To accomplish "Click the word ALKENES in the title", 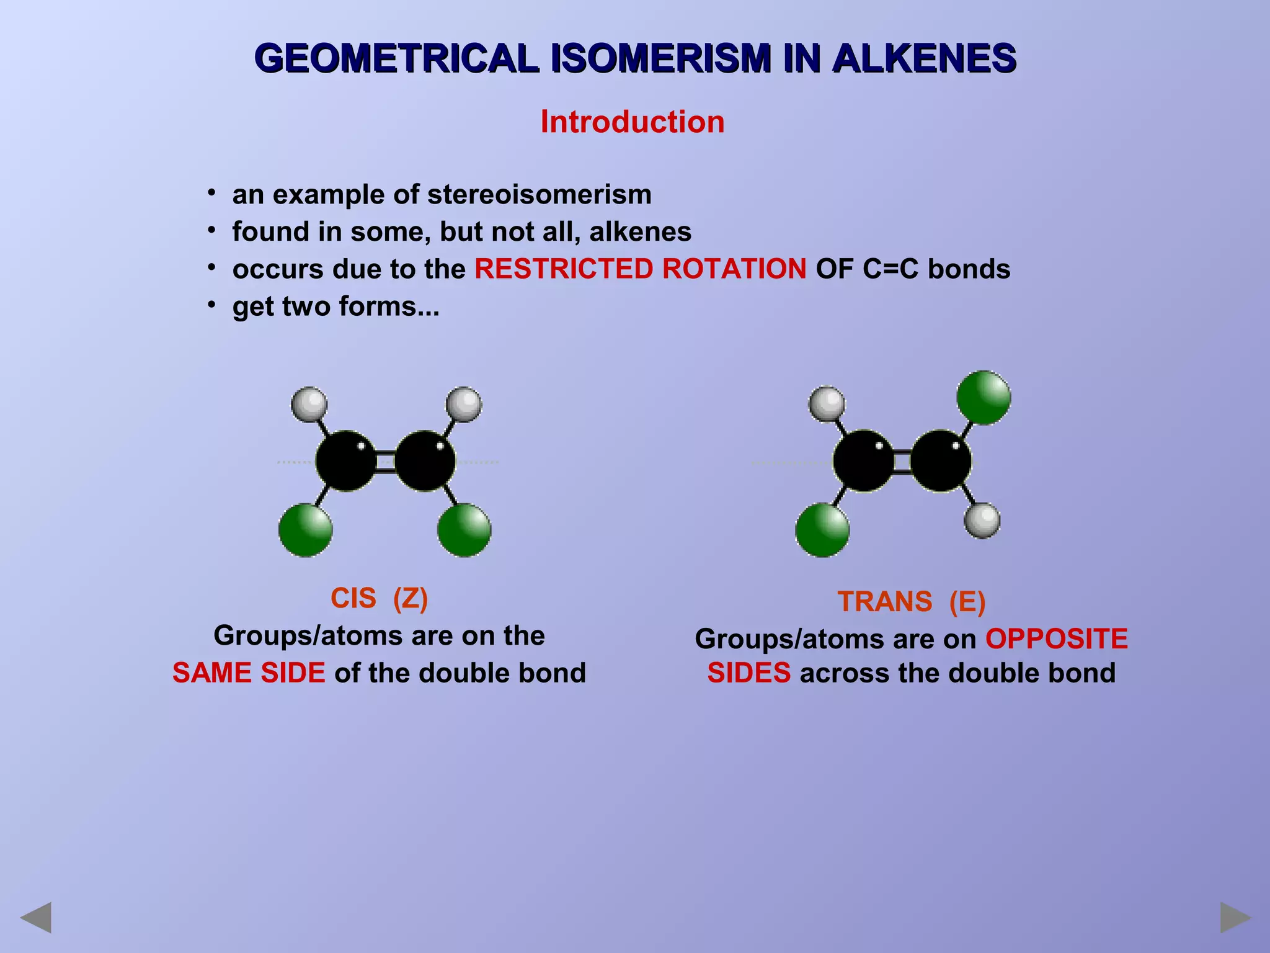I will coord(923,59).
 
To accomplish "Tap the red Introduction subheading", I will coord(632,122).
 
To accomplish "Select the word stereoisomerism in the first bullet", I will coord(539,195).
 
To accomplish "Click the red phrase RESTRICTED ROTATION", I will coord(640,269).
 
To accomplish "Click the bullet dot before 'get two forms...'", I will coord(212,304).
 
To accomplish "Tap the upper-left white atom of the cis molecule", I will coord(309,404).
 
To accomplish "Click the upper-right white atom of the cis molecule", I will coord(464,404).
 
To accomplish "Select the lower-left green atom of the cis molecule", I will coord(306,530).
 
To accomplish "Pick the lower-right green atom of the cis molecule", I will coord(464,530).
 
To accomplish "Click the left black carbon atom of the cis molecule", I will coord(346,461).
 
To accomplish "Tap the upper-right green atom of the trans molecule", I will coord(984,398).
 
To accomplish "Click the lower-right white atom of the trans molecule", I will coord(982,521).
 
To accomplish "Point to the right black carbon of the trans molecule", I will coord(941,461).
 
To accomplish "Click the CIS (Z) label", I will coord(379,599).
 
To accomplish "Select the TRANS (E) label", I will coord(911,602).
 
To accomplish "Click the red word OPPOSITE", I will coord(1057,639).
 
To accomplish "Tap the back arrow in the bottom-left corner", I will coord(36,918).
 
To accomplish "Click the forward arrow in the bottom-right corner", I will coord(1235,918).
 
